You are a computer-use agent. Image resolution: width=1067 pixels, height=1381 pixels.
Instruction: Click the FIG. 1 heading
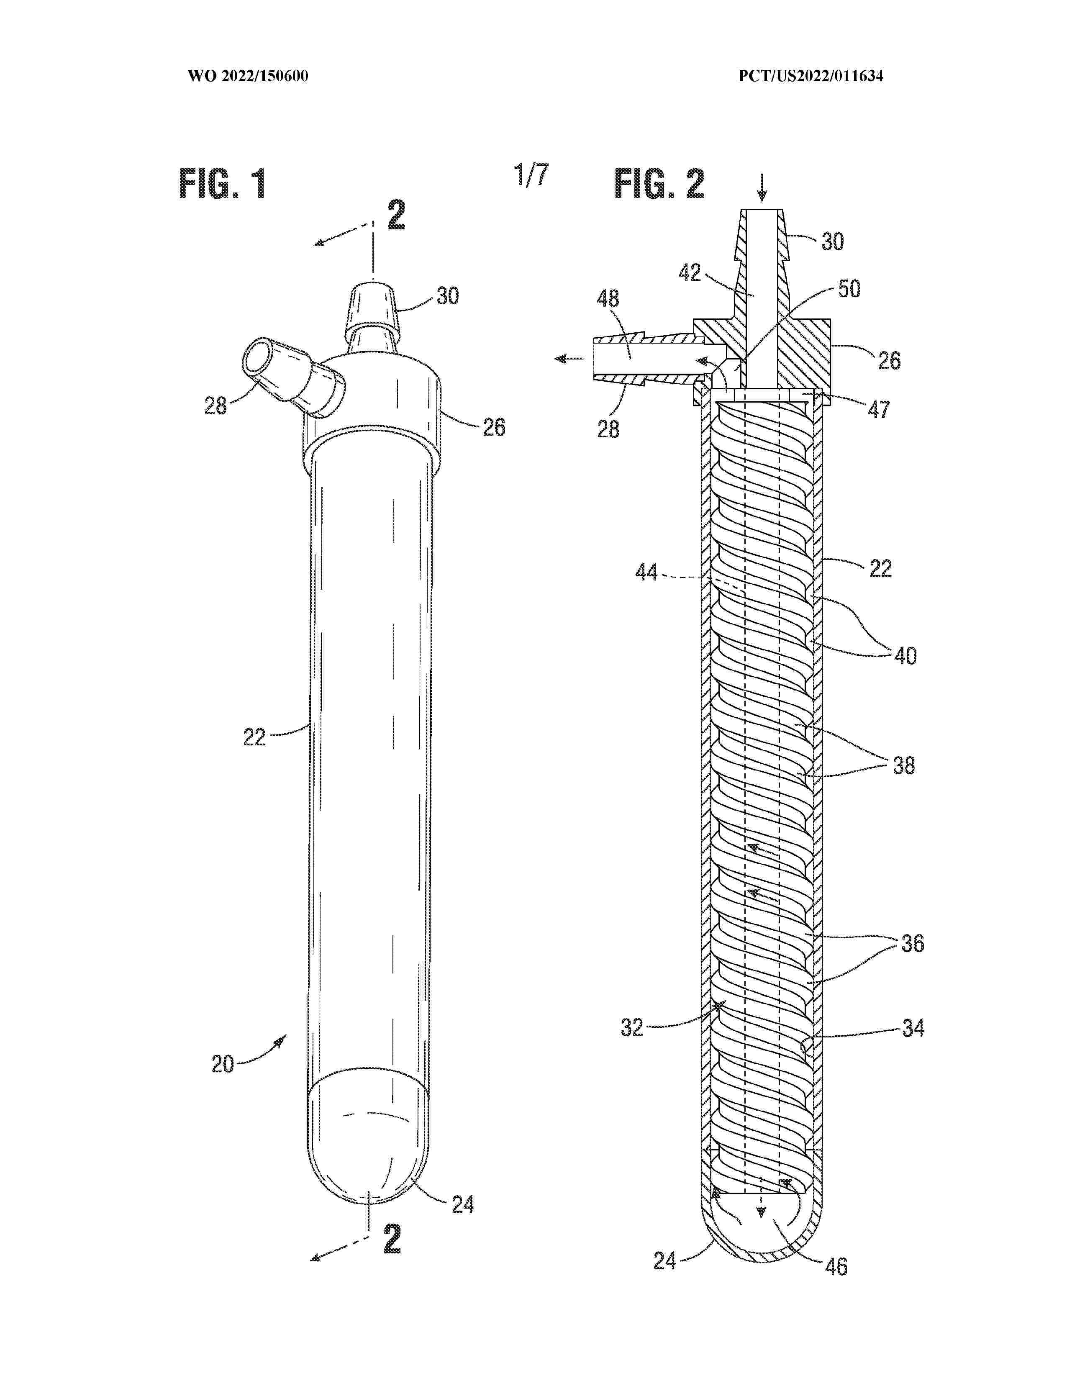point(223,184)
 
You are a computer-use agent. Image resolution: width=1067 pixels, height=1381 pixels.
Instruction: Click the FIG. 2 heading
point(659,184)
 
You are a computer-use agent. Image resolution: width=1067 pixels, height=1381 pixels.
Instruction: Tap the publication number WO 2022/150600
point(248,77)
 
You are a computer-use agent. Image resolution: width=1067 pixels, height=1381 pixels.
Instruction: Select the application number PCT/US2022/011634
point(811,77)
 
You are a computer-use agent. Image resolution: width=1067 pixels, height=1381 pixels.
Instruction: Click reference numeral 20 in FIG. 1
point(223,1064)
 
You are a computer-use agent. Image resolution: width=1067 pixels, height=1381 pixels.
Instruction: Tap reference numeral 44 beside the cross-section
point(646,573)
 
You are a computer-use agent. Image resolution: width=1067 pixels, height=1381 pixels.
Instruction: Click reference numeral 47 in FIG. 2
point(879,409)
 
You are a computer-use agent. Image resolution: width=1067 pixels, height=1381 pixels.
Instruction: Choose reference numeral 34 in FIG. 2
point(913,1029)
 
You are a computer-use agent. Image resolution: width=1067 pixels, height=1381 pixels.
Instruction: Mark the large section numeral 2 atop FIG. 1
point(396,216)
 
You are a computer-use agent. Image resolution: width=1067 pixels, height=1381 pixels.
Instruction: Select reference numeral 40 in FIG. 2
point(905,655)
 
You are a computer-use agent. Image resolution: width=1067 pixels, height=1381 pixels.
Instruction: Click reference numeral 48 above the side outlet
point(608,298)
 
